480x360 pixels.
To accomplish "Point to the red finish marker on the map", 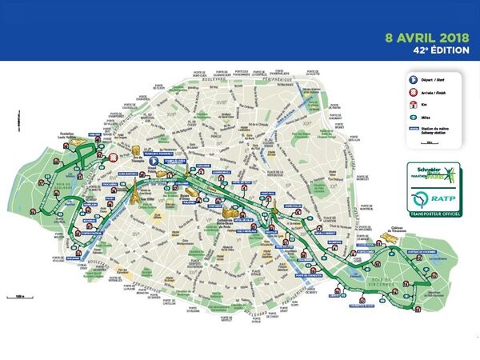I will coord(114,158).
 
